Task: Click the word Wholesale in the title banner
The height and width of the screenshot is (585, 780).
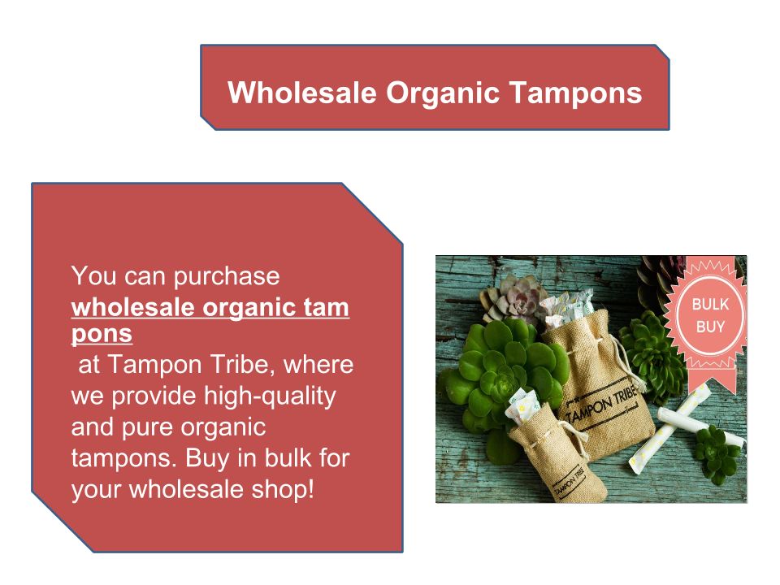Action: (302, 93)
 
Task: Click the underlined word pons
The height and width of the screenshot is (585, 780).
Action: (102, 334)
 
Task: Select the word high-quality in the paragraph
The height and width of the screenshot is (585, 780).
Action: (270, 397)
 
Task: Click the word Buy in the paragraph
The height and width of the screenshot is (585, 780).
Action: (207, 459)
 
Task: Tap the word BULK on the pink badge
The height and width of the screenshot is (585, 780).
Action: (710, 305)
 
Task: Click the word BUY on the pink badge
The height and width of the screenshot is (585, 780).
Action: (710, 327)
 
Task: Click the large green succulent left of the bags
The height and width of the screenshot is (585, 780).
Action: (502, 373)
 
